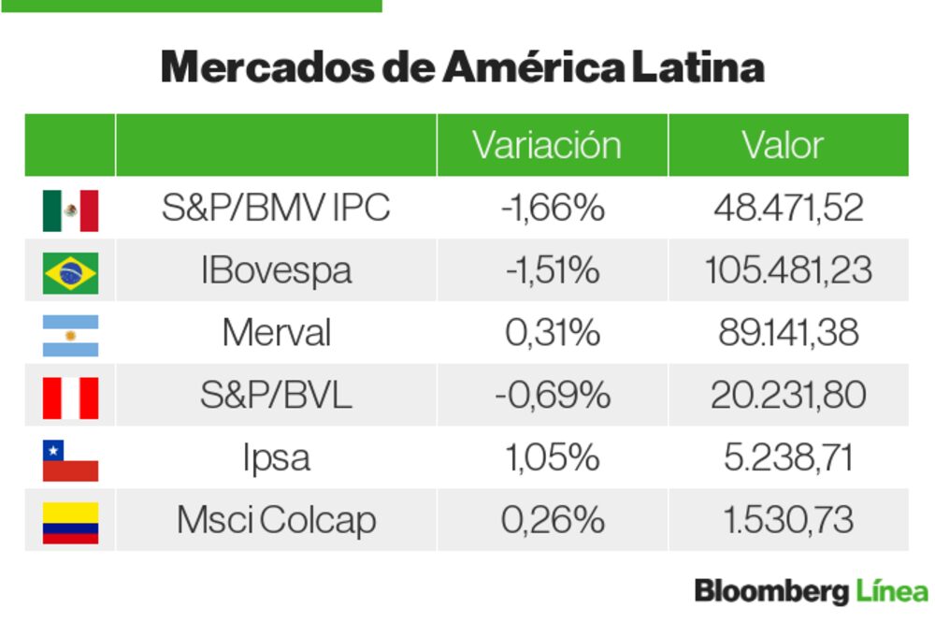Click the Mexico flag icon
(x=70, y=210)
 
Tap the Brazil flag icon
(x=70, y=272)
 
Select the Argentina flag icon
(x=70, y=335)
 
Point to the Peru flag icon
(x=70, y=397)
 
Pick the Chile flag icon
(x=70, y=459)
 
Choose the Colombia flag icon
(x=70, y=522)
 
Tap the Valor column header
(x=783, y=146)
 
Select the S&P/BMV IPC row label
(x=275, y=209)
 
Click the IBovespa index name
(x=276, y=271)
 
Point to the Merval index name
(x=276, y=334)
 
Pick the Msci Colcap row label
(x=276, y=521)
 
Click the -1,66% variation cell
(x=552, y=209)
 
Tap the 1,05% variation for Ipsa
(x=552, y=458)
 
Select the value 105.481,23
(x=787, y=271)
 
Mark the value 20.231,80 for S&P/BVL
(x=787, y=396)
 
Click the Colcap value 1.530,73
(x=787, y=521)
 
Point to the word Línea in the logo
(x=891, y=592)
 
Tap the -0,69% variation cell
(x=552, y=396)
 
